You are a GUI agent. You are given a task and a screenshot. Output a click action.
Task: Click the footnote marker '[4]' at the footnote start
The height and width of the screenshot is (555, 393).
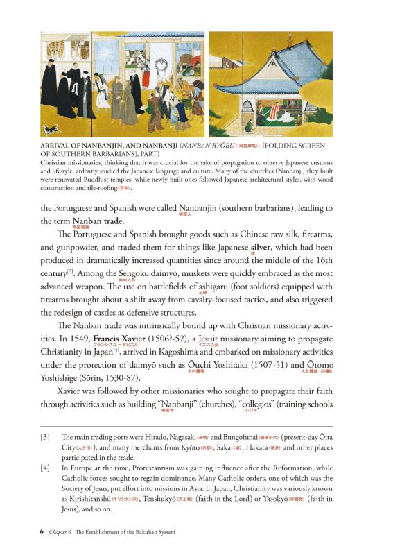(46, 469)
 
